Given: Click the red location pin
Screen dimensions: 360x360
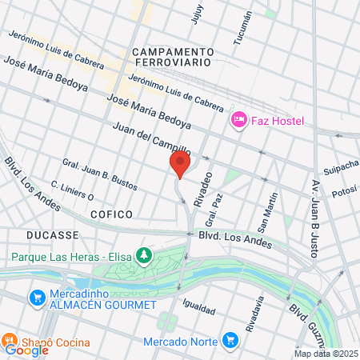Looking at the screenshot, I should pos(179,166).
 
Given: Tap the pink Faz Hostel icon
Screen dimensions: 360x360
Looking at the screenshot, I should pos(238,121).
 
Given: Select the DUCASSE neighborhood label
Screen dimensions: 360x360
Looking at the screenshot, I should pos(52,235).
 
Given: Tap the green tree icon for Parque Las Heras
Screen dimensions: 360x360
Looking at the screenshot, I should pos(143,256).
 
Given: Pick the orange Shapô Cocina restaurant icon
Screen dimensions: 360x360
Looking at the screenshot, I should pos(9,339).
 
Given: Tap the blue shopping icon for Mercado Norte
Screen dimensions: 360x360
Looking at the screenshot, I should pos(230,340).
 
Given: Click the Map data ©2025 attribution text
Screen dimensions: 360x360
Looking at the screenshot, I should pos(325,354).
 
